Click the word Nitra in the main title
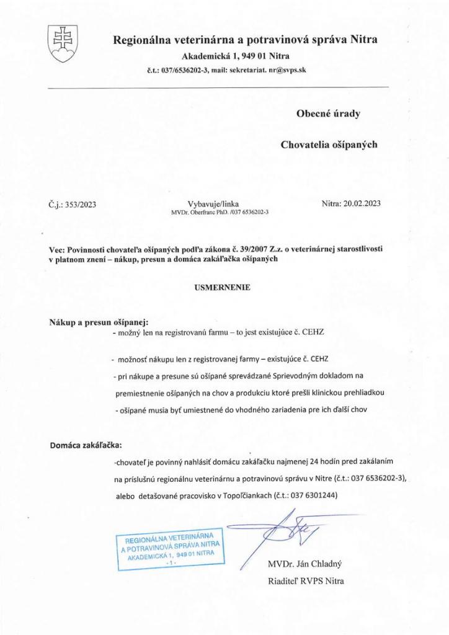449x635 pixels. (363, 40)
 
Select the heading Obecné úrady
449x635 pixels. (329, 113)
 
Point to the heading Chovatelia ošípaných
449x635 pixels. (329, 145)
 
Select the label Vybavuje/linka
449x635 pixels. (213, 203)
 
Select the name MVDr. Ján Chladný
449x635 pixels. (305, 564)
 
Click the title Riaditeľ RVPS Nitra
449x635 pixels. (305, 581)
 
